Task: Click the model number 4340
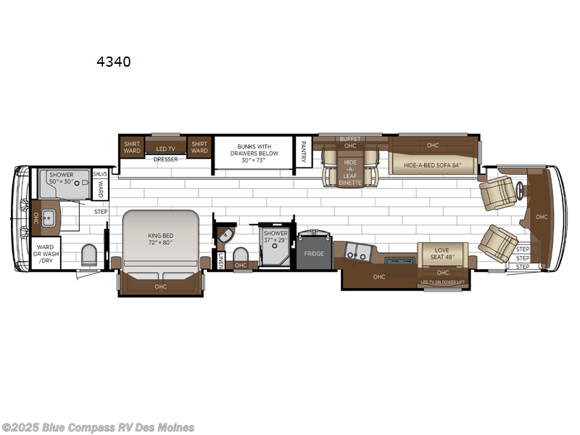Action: (x=114, y=62)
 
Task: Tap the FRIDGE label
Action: (x=314, y=254)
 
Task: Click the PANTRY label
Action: (x=304, y=153)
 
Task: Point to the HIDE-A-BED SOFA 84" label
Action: (x=433, y=165)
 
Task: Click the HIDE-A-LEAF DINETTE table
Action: (x=350, y=173)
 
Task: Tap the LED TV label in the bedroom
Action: (x=166, y=149)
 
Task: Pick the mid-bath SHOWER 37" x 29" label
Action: (x=275, y=237)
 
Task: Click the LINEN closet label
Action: (x=220, y=260)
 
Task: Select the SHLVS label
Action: (x=100, y=174)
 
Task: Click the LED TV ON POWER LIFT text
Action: (x=443, y=282)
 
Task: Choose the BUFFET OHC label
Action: (x=350, y=142)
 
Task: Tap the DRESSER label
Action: (x=165, y=159)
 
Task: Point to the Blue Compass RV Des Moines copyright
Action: (x=99, y=427)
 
